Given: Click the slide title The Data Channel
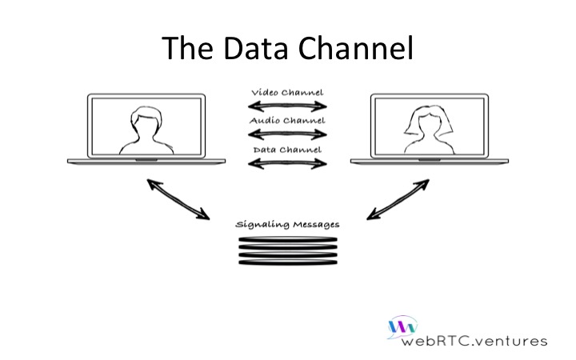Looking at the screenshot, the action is coord(288,48).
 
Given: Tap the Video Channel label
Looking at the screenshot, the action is coord(287,92).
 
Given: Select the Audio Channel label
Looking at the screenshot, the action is coord(287,121).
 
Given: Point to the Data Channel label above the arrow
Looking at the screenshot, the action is coord(287,150).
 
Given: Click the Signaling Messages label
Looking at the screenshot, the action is coord(287,224).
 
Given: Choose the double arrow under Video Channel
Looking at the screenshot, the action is coord(287,106).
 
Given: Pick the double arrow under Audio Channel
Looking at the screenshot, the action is coord(287,134).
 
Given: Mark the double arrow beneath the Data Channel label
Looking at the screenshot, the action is coord(287,163).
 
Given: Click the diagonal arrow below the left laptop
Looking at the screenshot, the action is coord(178,199).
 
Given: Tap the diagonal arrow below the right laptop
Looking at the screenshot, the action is coord(398,199).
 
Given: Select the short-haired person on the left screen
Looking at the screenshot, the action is coord(146,130).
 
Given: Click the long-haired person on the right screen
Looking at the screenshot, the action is coord(429,130).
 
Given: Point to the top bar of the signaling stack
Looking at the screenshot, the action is coord(288,239).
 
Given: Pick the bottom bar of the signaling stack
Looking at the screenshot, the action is coord(288,262).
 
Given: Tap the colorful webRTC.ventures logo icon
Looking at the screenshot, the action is coord(402,327).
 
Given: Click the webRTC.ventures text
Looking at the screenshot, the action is coord(474,341).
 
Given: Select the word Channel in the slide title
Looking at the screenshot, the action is coord(355,48).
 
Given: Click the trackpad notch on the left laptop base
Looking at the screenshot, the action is coord(146,160).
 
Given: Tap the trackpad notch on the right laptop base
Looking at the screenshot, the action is coord(430,160).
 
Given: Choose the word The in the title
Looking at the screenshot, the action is coord(187,48).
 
